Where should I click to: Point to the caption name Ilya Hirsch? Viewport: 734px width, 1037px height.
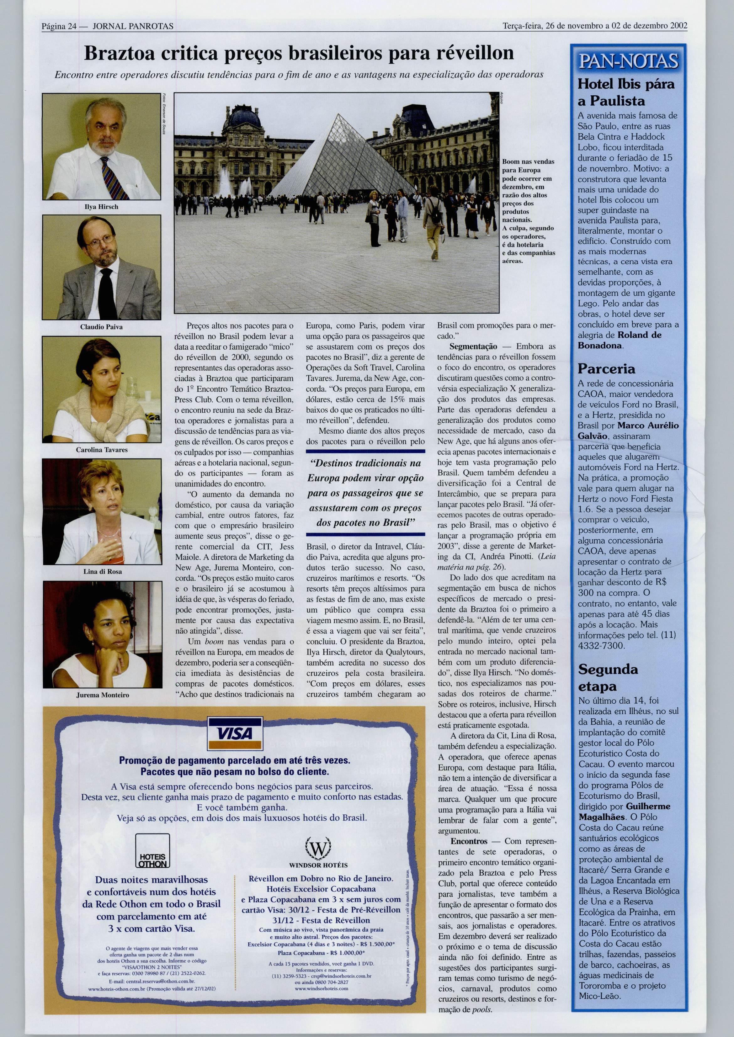tap(101, 207)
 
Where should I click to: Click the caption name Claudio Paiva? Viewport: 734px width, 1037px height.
tap(101, 327)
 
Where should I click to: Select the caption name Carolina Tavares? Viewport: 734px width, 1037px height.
tap(101, 450)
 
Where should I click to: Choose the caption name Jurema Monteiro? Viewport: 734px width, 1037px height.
tap(102, 695)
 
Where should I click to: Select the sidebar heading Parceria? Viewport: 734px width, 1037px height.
tap(606, 369)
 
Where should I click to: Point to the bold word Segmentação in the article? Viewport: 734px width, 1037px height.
tap(473, 347)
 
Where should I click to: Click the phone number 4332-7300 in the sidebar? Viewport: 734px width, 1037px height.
tap(601, 645)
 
